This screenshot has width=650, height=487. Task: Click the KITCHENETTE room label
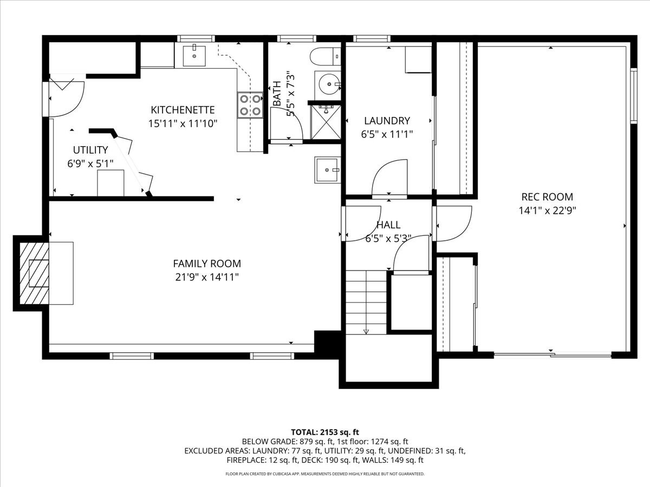183,110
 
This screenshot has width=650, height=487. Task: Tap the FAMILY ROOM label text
206,264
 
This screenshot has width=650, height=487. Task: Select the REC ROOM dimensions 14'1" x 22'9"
547,210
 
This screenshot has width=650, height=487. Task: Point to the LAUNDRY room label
387,121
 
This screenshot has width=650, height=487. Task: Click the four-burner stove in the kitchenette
250,104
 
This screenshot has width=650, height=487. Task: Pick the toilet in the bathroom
325,55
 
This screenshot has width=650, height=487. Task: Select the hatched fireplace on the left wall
35,273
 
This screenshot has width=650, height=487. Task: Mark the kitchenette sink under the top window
194,56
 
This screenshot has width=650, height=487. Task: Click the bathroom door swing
287,124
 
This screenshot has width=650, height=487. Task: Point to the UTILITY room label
90,150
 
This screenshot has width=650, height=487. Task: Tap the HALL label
388,225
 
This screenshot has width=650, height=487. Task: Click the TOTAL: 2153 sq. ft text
325,432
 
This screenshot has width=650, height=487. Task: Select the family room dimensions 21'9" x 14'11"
206,277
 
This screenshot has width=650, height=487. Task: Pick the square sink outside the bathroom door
327,170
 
